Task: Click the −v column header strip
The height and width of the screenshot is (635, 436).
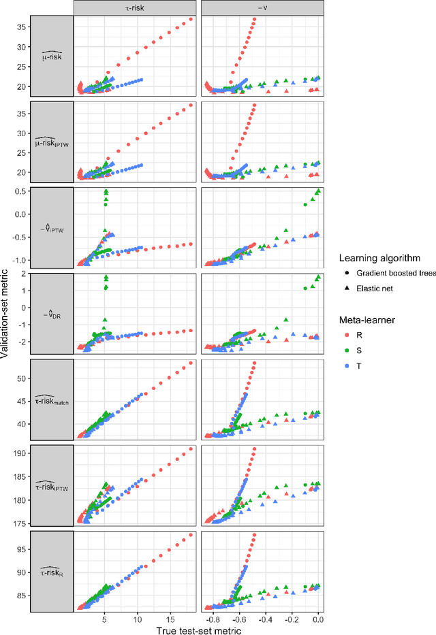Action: pyautogui.click(x=262, y=7)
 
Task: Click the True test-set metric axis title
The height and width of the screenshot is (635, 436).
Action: pyautogui.click(x=198, y=629)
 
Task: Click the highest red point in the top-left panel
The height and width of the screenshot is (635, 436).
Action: pyautogui.click(x=191, y=19)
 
